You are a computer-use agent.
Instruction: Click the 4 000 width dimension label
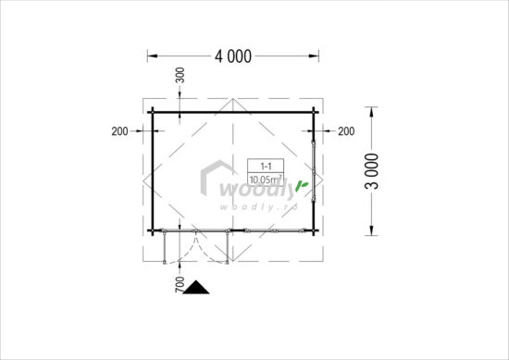[x=233, y=56]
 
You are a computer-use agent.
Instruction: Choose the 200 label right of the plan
[x=346, y=130]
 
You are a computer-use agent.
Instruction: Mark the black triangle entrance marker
[x=197, y=288]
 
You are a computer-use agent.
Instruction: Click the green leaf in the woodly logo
[x=301, y=189]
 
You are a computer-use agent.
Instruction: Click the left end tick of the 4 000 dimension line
[x=148, y=56]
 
